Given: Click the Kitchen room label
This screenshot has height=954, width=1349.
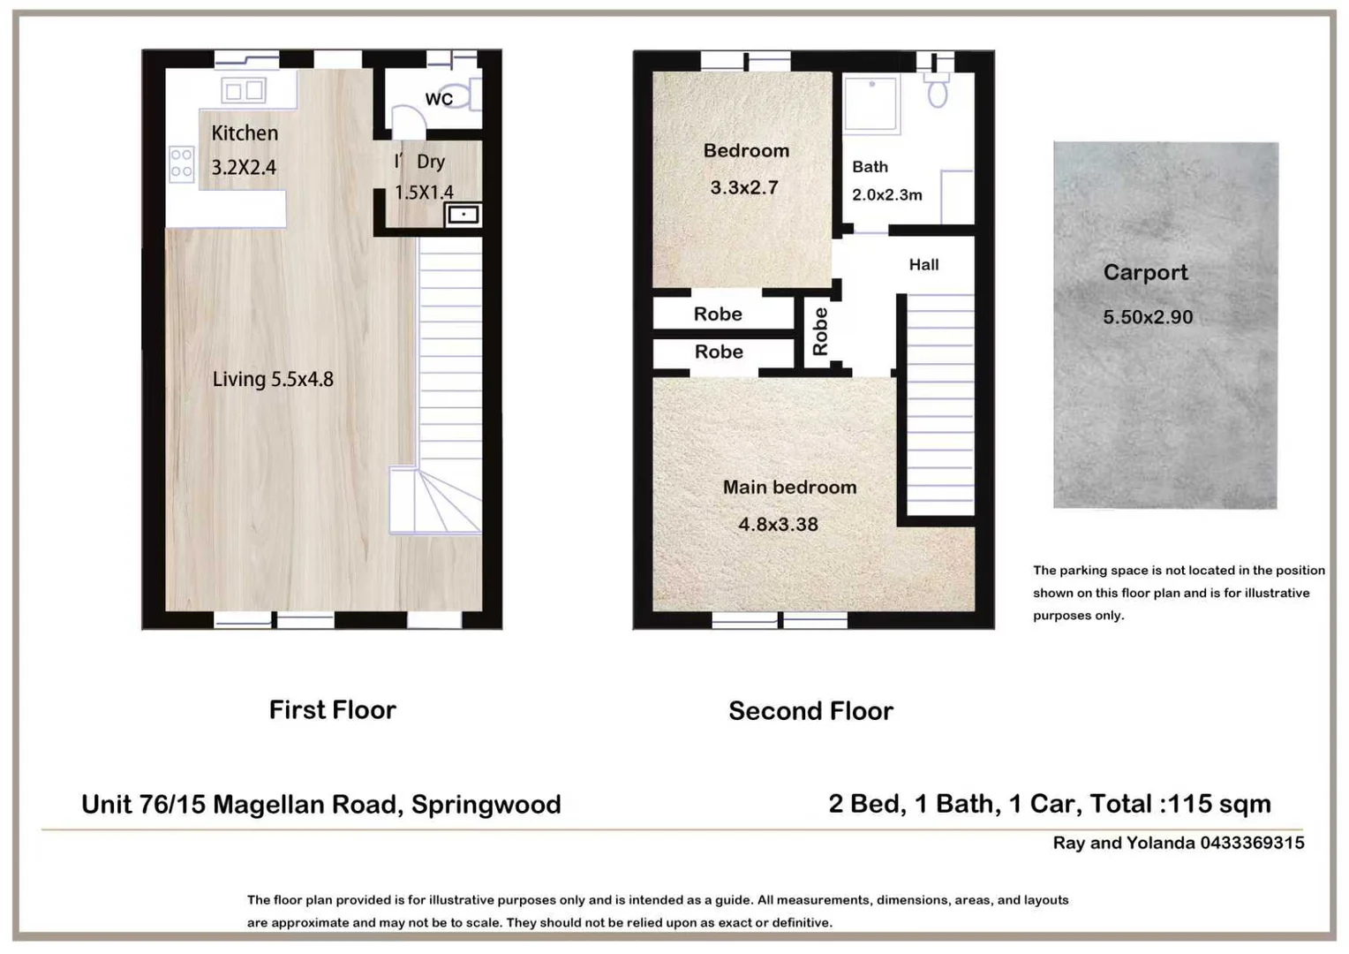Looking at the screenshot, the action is (x=245, y=133).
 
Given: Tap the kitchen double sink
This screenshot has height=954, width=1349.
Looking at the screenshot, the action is (x=244, y=91).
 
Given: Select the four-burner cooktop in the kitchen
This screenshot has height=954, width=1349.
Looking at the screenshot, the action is (x=182, y=163).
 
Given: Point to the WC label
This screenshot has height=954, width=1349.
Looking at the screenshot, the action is (x=439, y=99).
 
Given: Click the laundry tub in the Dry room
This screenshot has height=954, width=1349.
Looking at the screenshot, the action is (x=463, y=215).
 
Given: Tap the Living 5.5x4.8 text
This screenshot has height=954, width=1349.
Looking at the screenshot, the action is (x=273, y=379).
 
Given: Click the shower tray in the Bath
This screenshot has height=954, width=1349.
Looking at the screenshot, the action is (x=870, y=103).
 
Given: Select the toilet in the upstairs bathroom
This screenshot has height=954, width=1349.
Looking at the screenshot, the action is (x=937, y=90).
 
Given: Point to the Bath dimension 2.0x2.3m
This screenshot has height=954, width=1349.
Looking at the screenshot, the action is (x=887, y=194).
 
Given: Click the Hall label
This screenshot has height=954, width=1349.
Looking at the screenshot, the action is (x=923, y=265).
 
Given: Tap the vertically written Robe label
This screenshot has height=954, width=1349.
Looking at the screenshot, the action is (x=820, y=331).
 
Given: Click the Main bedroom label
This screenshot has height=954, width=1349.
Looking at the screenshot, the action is (x=789, y=487).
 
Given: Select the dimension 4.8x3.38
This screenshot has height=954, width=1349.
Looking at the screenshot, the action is (x=778, y=525).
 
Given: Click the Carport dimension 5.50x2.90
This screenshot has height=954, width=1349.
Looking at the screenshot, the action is (x=1148, y=317).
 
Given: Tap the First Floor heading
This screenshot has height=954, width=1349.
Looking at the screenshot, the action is (x=333, y=710).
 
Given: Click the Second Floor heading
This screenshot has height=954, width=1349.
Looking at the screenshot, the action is (x=810, y=711).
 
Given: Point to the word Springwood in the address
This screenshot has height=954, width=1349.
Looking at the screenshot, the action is (x=486, y=805).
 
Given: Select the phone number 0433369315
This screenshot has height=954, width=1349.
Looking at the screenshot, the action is (x=1252, y=843).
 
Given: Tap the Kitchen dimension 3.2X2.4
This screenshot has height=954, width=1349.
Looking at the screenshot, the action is (x=244, y=167).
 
